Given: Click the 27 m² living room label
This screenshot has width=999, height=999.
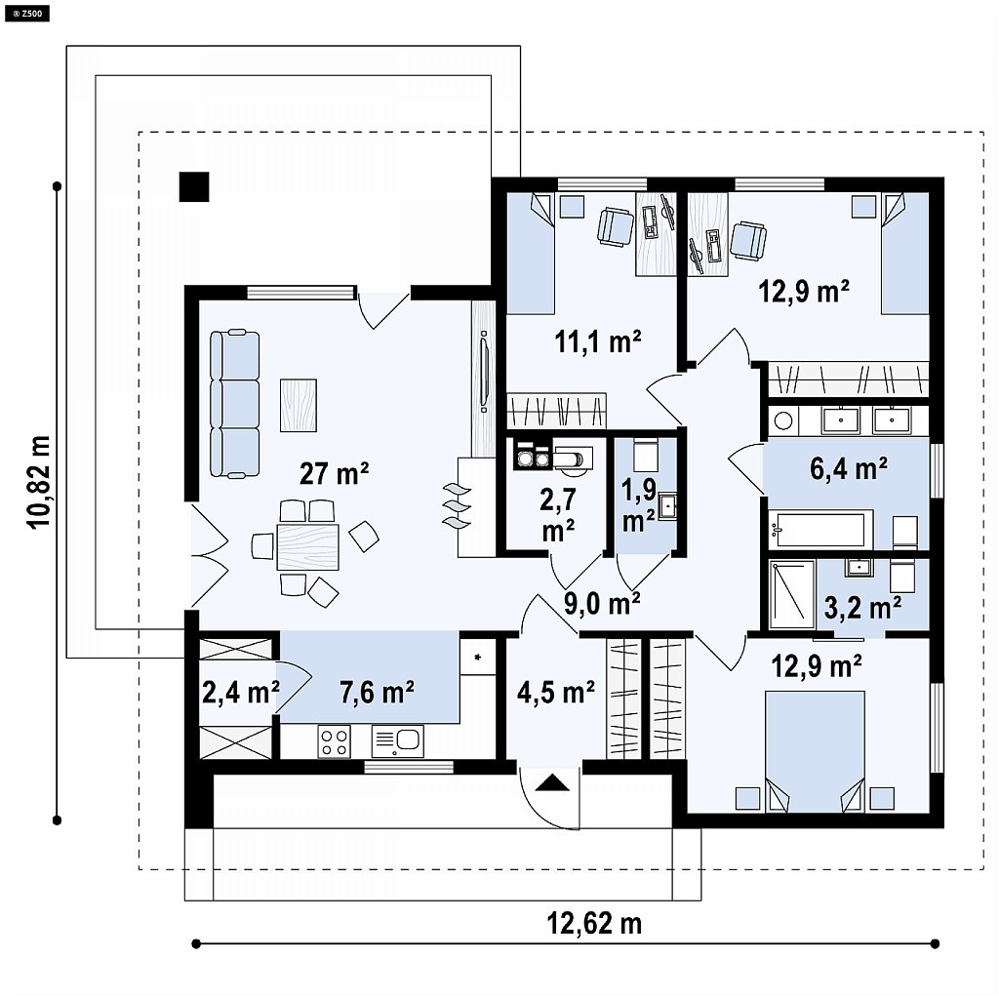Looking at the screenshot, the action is point(334,473).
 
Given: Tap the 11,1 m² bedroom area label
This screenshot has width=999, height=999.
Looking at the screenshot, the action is point(598,342).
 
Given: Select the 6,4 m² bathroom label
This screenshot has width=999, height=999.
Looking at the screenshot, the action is point(849,468).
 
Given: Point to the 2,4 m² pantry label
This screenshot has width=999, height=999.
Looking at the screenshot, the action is point(240,692).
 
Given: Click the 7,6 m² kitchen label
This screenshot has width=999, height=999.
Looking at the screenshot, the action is point(378,692).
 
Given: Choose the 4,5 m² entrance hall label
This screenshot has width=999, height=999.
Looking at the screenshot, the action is point(556,692).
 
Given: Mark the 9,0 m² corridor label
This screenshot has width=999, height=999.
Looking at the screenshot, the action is point(602,603).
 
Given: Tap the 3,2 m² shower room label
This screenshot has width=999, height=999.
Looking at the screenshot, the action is point(862,607).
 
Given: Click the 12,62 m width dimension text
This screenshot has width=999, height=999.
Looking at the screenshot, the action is point(594,923).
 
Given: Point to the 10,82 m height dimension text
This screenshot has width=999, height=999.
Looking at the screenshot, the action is point(38,482).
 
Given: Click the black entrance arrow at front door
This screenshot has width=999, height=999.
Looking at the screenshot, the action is point(552,782).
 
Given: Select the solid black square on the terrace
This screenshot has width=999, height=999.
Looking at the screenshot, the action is point(194,186).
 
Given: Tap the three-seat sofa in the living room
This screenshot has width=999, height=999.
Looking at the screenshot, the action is point(235,404).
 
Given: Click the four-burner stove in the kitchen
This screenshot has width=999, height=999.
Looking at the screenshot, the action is point(335,741).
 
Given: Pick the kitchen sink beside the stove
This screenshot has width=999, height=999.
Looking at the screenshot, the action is point(396,741).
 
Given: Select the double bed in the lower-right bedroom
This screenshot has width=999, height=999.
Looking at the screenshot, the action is point(815,752).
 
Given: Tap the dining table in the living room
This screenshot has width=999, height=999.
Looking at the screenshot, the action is point(307,546).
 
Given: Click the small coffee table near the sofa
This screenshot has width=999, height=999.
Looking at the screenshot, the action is point(299,406).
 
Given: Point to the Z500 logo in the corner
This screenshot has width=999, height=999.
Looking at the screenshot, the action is point(27,13).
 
